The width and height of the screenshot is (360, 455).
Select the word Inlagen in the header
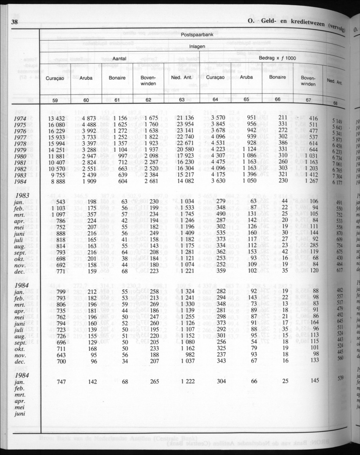(197, 47)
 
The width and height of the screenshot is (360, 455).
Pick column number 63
(183, 100)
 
